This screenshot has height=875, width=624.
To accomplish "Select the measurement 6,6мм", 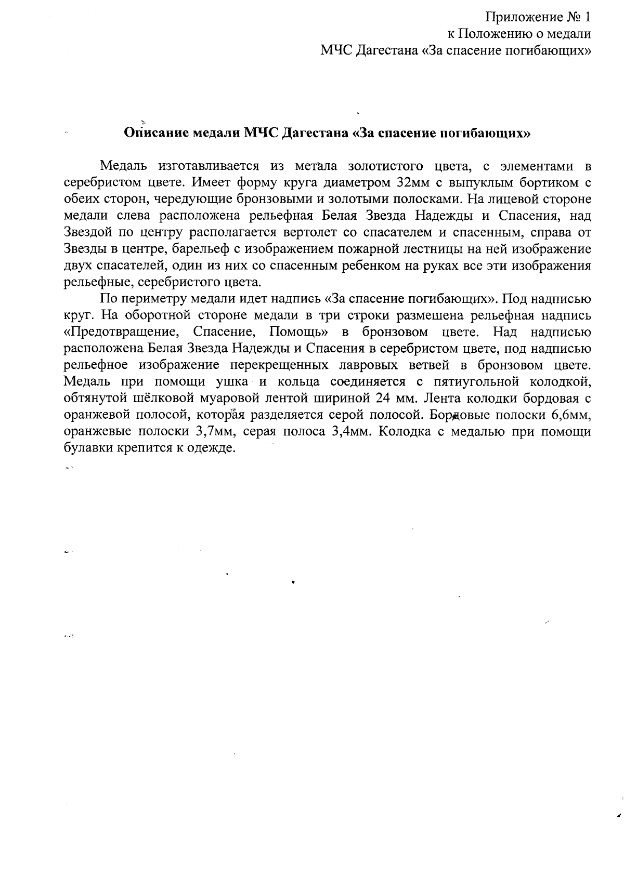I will pos(569,415).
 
